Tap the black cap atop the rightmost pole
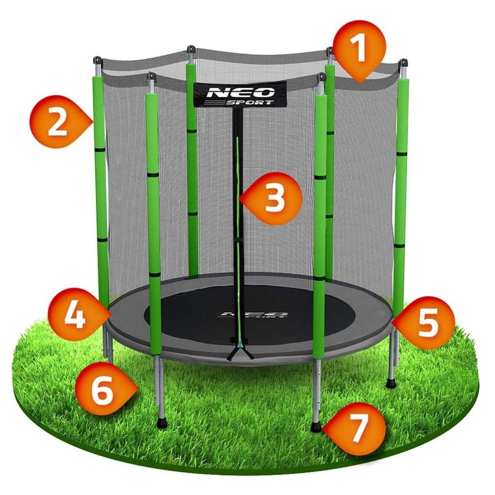[404, 64]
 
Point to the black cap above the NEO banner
[191, 49]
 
